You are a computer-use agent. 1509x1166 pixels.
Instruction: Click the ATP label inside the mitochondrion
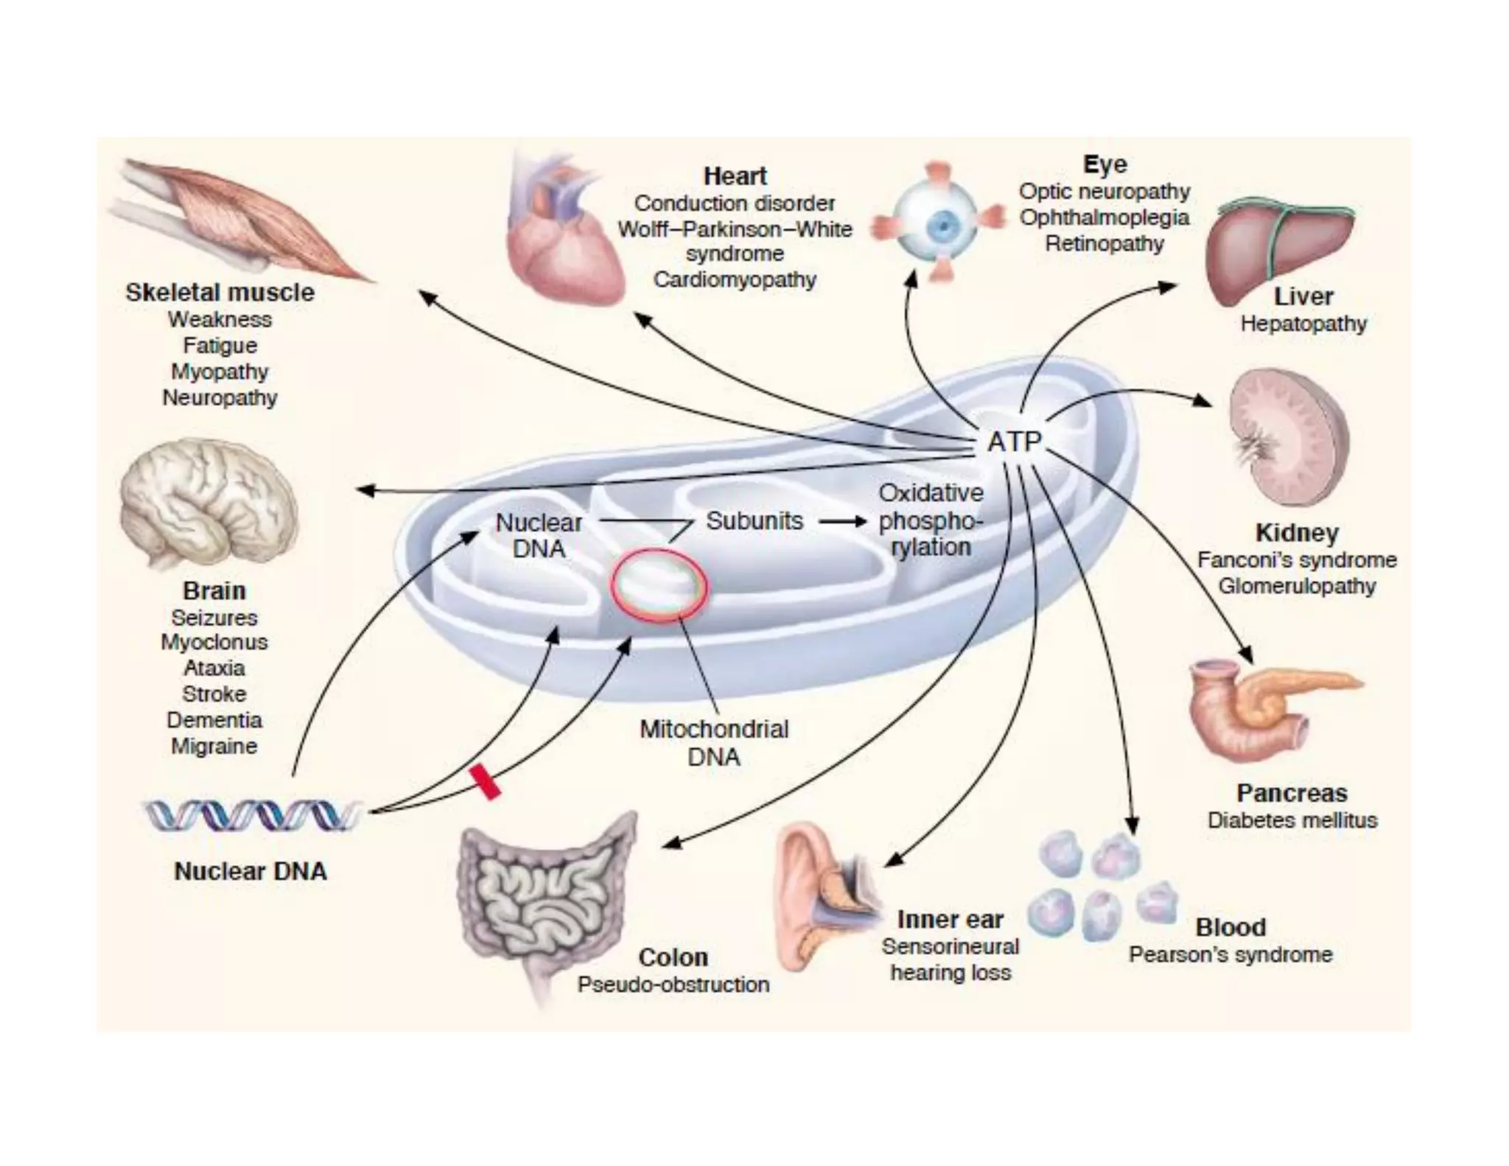pos(1014,442)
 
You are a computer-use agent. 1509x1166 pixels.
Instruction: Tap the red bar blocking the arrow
pos(485,781)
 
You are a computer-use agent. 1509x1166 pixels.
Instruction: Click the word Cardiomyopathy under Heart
pos(735,280)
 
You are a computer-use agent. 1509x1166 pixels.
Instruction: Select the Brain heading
pos(214,590)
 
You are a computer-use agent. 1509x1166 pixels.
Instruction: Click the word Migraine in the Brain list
pos(214,746)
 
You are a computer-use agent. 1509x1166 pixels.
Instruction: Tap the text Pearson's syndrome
pos(1230,954)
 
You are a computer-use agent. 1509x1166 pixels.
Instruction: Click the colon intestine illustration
pos(545,899)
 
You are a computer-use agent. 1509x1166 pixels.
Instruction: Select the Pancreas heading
pos(1292,793)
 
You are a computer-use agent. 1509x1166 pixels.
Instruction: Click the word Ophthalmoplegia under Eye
pos(1104,217)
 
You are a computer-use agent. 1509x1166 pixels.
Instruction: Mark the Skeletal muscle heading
pos(220,293)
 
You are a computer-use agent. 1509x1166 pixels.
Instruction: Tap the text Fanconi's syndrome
pos(1296,560)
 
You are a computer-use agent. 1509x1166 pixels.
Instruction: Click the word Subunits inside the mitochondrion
pos(754,521)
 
